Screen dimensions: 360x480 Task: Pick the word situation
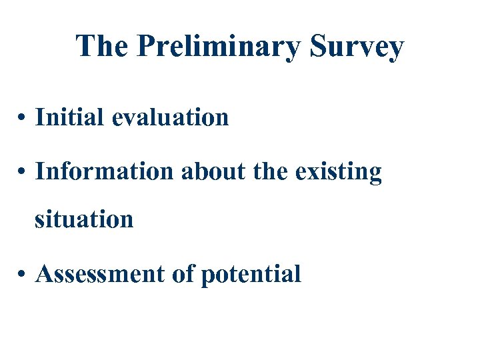[84, 219]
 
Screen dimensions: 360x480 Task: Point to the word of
[181, 273]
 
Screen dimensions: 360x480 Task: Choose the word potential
[251, 274]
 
